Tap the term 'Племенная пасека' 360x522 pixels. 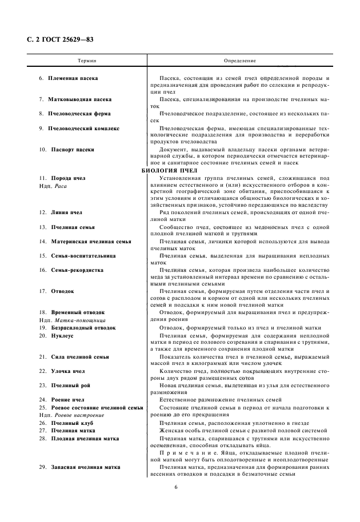click(x=73, y=78)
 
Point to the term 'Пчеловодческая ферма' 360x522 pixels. click(x=79, y=114)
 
